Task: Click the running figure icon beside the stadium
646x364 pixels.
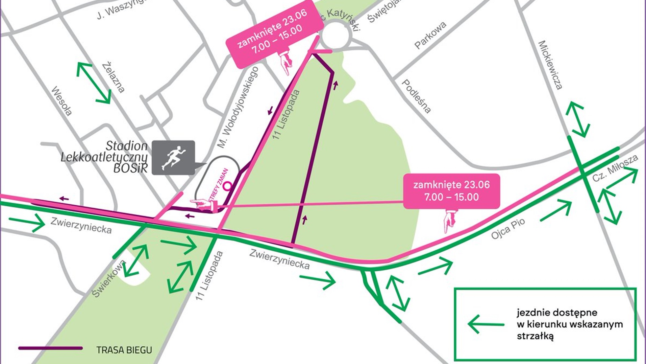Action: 173,158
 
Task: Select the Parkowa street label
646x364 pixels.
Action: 430,35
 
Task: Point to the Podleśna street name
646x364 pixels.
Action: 416,96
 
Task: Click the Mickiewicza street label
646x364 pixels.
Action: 550,65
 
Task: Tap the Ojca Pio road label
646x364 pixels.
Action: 507,229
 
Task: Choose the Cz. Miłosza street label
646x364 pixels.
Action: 615,168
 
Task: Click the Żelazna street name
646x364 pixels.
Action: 114,77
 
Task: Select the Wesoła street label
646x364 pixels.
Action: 62,101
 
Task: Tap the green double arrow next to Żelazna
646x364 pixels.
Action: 94,83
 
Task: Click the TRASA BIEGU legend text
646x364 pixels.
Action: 124,350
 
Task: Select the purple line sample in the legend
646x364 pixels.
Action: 51,348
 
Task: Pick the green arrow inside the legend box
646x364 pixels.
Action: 486,324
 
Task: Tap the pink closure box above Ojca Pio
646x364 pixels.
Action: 451,191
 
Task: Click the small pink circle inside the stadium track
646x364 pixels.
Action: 228,186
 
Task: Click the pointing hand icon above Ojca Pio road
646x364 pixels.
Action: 450,221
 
